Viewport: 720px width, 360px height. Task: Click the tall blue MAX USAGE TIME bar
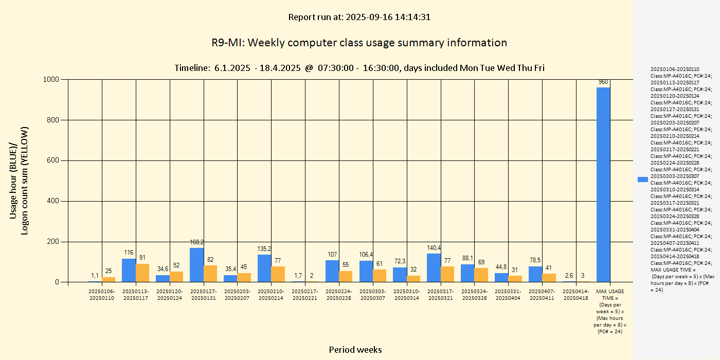pyautogui.click(x=603, y=185)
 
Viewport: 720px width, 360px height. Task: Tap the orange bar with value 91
pyautogui.click(x=142, y=273)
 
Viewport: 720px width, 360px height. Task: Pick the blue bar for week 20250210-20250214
pyautogui.click(x=264, y=268)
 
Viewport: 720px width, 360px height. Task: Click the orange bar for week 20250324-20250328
pyautogui.click(x=481, y=275)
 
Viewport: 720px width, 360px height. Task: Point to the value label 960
pyautogui.click(x=603, y=82)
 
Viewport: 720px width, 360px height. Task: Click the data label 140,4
pyautogui.click(x=434, y=247)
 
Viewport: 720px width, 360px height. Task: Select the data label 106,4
pyautogui.click(x=366, y=254)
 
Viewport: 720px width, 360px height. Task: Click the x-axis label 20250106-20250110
pyautogui.click(x=101, y=295)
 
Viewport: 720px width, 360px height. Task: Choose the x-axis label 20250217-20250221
pyautogui.click(x=305, y=295)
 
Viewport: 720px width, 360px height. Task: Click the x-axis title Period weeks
pyautogui.click(x=355, y=350)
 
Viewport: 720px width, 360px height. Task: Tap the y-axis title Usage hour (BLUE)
pyautogui.click(x=14, y=181)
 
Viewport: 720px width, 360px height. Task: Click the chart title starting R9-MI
pyautogui.click(x=359, y=43)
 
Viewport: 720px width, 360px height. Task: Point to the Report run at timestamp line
pyautogui.click(x=359, y=17)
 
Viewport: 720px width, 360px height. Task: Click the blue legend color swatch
pyautogui.click(x=642, y=179)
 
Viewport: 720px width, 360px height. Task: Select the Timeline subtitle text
pyautogui.click(x=359, y=68)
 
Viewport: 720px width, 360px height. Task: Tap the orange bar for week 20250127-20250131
pyautogui.click(x=210, y=273)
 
